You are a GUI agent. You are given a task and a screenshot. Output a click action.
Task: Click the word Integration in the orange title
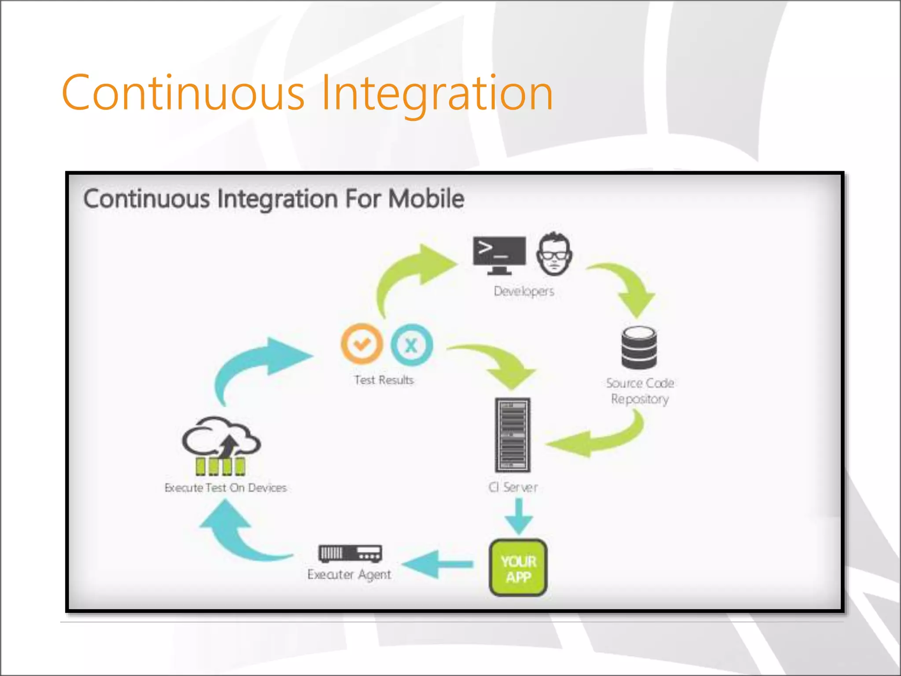[x=436, y=93]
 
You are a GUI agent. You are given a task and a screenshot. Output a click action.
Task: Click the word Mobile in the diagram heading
[x=426, y=199]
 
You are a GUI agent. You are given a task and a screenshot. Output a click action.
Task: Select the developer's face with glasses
[x=554, y=254]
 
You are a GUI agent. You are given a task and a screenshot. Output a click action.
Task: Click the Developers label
[x=524, y=291]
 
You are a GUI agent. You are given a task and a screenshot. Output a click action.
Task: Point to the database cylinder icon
[x=639, y=348]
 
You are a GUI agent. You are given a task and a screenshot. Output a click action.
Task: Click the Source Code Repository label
[x=640, y=391]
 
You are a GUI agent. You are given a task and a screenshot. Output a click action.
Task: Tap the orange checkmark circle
[x=362, y=344]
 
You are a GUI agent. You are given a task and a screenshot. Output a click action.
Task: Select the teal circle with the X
[x=411, y=345]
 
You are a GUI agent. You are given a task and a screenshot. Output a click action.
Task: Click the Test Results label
[x=384, y=380]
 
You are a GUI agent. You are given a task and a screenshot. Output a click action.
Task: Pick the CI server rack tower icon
[x=513, y=435]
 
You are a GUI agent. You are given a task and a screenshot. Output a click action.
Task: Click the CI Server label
[x=513, y=487]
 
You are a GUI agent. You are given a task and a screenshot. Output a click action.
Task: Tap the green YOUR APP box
[x=518, y=568]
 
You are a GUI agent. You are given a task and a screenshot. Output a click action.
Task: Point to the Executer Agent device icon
[x=350, y=553]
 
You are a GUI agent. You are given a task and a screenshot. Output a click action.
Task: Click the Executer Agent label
[x=349, y=574]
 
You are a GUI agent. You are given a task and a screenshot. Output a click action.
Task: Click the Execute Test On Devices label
[x=225, y=488]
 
